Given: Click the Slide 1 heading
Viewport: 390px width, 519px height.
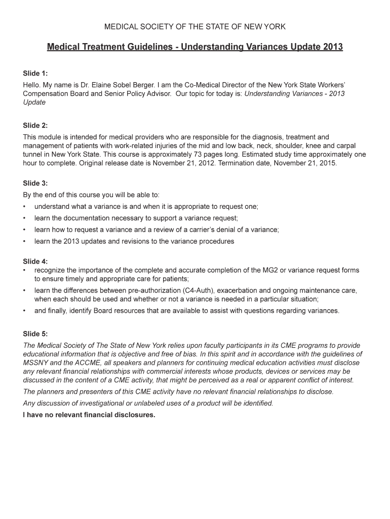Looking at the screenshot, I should [x=35, y=73].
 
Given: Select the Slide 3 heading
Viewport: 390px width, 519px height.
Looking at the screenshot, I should [x=35, y=183].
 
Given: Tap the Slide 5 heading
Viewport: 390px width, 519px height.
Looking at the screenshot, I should [x=35, y=333].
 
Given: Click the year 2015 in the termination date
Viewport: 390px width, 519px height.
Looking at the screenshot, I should [x=327, y=164].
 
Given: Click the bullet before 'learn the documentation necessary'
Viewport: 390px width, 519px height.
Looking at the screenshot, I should [x=25, y=218].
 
